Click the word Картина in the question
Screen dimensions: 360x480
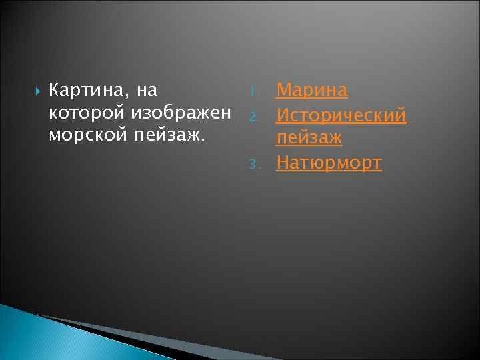click(87, 89)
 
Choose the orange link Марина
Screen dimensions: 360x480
click(312, 90)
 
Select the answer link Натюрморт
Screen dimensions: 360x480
click(329, 163)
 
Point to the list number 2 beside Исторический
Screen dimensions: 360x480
click(253, 117)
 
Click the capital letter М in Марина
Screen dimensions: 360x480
click(284, 90)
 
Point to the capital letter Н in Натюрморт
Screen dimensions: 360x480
click(283, 163)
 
